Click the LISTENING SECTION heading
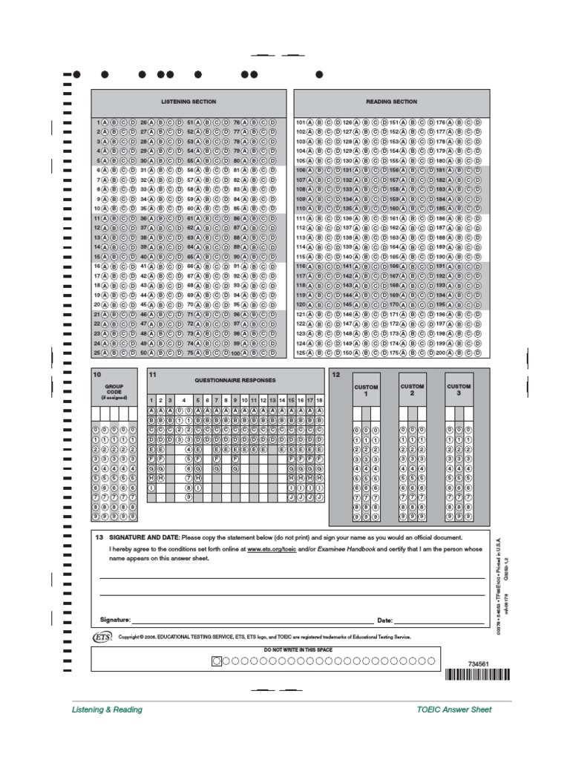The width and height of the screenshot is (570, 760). [189, 102]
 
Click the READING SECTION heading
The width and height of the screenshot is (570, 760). [391, 102]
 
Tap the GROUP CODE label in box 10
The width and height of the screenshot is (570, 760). [114, 390]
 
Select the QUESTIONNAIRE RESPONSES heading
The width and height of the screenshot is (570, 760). [235, 379]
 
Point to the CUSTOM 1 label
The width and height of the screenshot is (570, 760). [366, 390]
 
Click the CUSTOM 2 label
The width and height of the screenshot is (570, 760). [412, 390]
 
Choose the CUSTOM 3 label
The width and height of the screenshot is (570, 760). [459, 390]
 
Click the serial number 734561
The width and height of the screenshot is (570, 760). [479, 663]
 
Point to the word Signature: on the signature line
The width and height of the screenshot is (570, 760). [115, 619]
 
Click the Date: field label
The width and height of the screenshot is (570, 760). [384, 619]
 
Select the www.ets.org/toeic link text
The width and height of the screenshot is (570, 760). [267, 548]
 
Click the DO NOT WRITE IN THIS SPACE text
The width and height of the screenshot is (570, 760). [298, 649]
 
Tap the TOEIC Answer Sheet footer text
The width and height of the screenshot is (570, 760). [454, 710]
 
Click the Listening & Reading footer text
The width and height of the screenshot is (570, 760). [107, 710]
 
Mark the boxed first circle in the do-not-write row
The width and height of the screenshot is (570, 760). [217, 660]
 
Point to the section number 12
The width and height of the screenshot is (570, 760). [335, 375]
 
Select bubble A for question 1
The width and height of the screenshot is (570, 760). [105, 122]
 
